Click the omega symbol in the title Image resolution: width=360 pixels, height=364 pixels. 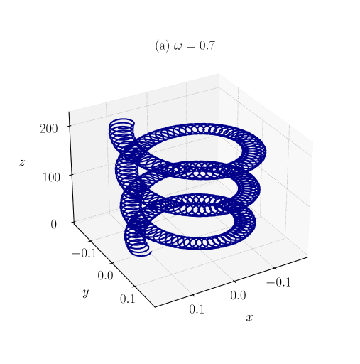(x=178, y=46)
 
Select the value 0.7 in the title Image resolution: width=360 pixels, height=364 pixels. (x=207, y=45)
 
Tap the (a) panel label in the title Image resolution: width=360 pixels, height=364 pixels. (x=162, y=45)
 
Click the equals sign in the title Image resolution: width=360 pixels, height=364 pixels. (x=190, y=46)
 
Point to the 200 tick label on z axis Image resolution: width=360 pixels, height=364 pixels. (x=49, y=129)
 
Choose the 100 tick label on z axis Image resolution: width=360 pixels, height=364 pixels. (x=51, y=177)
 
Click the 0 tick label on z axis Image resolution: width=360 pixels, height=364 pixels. (x=54, y=224)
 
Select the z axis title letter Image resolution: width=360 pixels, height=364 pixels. (x=22, y=163)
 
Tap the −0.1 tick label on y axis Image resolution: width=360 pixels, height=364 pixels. (x=84, y=253)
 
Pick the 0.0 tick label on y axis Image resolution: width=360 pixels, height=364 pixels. (x=105, y=276)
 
